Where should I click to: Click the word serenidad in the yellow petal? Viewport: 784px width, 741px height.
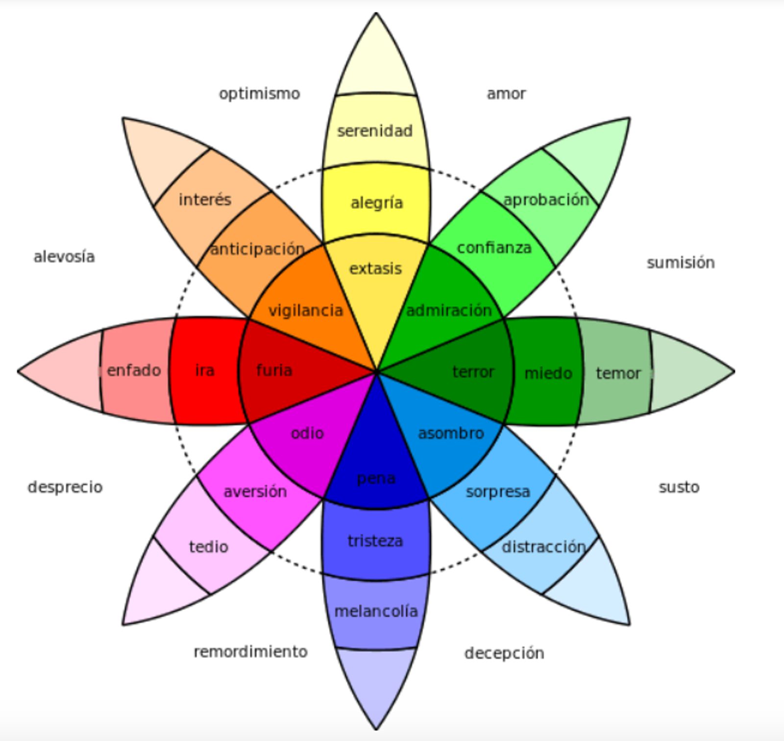375,131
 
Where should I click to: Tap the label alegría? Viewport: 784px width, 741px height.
377,202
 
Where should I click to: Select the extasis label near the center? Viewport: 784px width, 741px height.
375,269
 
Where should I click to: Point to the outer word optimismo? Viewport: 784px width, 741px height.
259,94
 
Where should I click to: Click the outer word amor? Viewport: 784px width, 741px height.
506,94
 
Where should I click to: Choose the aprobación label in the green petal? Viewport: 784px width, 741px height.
546,200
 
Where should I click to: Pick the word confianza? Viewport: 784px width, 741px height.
494,248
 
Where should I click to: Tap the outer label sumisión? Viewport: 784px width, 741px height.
681,263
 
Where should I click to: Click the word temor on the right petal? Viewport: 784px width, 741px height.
618,373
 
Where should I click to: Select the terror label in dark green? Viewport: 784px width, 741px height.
473,372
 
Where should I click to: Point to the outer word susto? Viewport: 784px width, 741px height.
679,487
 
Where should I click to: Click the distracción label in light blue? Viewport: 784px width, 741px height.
543,547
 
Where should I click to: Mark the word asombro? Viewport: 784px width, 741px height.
451,433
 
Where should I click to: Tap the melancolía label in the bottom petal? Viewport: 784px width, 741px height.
376,611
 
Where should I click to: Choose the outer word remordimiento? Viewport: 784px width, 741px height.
250,652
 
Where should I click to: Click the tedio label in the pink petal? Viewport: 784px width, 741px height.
209,546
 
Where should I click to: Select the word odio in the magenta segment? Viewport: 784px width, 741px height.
307,433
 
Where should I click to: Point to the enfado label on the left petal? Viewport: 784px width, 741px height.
134,370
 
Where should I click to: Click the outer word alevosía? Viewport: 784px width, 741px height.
64,257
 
